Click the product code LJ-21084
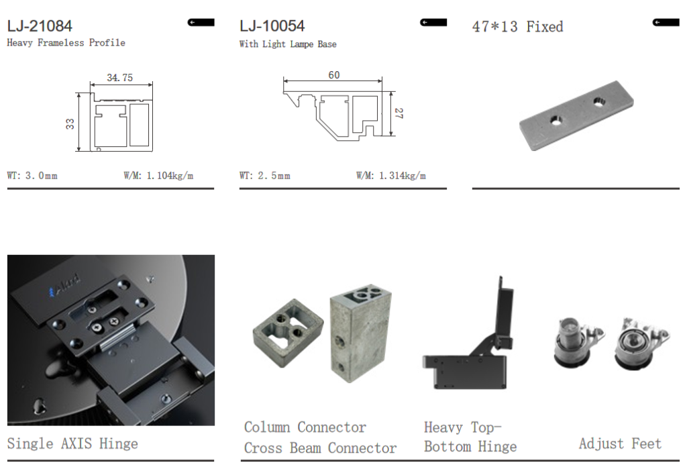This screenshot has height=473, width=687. (40, 26)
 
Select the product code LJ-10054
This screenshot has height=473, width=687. (272, 26)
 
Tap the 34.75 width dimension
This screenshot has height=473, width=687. (119, 78)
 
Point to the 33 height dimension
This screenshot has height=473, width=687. (70, 124)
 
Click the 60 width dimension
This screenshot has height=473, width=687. (334, 75)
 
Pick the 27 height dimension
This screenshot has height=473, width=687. (399, 113)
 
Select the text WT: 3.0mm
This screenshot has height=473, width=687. (32, 176)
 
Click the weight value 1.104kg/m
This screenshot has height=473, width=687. (170, 176)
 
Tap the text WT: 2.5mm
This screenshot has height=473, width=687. (264, 176)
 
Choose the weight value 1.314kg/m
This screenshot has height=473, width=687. (403, 176)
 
